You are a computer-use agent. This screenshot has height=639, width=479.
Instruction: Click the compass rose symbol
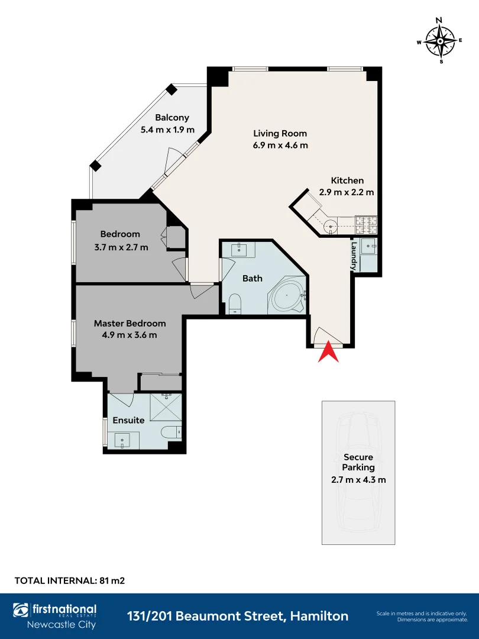(440, 41)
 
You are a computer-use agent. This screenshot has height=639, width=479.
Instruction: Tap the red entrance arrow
(328, 353)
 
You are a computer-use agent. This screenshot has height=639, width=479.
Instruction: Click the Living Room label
(280, 133)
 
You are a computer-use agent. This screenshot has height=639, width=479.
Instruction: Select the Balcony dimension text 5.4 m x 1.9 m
(167, 130)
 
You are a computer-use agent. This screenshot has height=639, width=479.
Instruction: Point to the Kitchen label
(348, 180)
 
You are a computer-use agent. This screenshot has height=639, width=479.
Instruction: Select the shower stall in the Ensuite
(166, 406)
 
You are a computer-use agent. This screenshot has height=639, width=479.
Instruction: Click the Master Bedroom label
(130, 324)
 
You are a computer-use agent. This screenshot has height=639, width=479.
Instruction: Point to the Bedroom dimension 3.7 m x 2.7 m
(121, 247)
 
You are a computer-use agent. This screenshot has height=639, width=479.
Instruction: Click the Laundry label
(354, 256)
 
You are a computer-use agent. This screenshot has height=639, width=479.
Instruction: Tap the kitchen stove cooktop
(366, 222)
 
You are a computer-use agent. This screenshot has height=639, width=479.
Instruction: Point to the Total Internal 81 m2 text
(70, 580)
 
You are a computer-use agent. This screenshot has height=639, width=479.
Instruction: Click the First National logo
(55, 615)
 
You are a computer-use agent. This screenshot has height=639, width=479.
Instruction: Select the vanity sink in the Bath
(238, 250)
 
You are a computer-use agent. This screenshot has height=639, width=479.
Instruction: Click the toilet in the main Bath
(235, 304)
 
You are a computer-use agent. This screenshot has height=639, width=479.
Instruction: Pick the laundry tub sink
(370, 246)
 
